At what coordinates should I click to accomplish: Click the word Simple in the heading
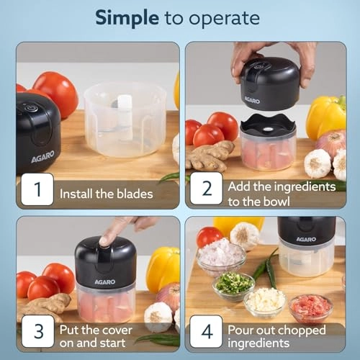128,17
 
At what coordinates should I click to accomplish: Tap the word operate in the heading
226,17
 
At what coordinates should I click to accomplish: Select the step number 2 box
206,190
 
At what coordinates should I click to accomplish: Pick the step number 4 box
206,333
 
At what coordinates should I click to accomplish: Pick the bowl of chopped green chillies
234,284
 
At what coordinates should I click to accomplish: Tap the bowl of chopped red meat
310,307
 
